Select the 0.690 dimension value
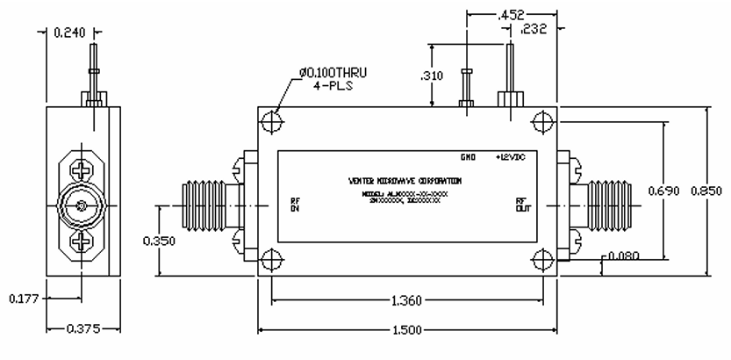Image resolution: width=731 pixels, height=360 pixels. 664,190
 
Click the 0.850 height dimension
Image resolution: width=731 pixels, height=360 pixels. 707,190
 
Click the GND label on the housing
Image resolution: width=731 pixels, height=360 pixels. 468,158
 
